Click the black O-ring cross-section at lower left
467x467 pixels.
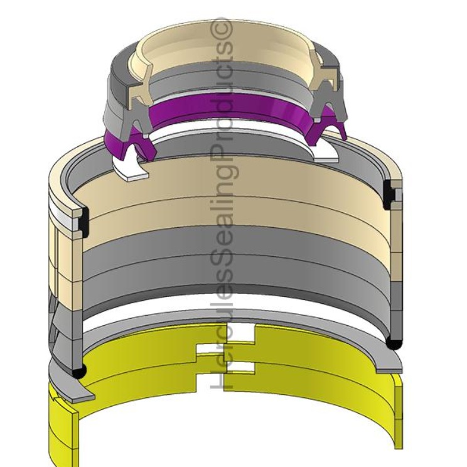click(x=77, y=372)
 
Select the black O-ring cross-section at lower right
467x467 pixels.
click(x=394, y=343)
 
